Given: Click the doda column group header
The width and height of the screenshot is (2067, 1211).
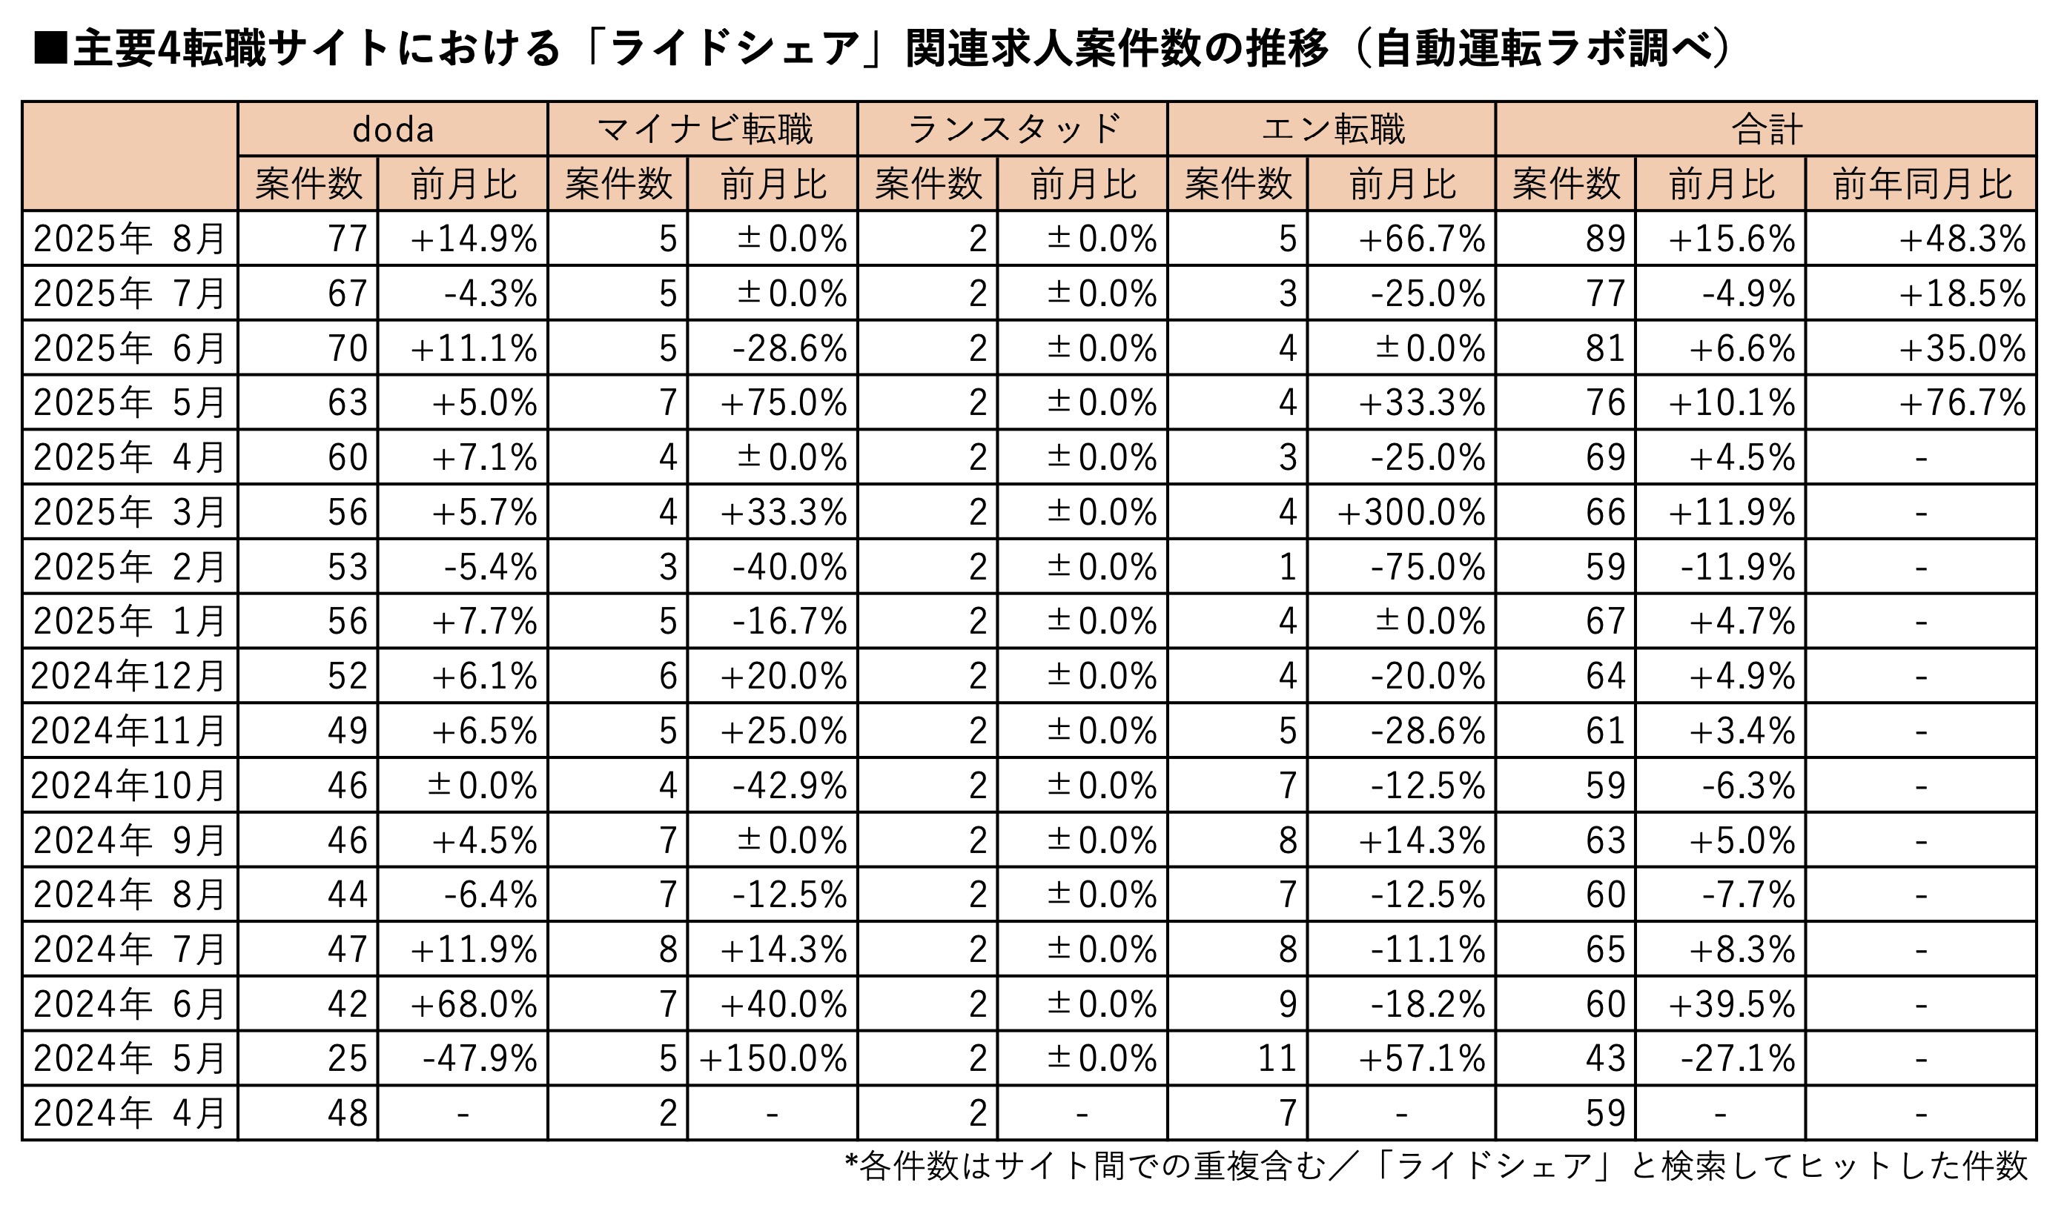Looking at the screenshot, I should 393,130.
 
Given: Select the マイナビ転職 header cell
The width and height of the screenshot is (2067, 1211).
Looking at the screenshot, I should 704,130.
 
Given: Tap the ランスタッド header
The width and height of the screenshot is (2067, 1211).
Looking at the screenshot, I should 1013,130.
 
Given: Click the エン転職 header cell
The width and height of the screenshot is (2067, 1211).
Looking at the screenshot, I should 1333,130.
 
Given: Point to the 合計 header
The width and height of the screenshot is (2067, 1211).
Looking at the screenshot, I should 1767,130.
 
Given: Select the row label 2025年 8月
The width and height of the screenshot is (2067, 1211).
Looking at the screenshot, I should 130,239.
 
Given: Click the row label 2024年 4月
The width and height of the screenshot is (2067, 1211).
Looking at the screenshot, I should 130,1113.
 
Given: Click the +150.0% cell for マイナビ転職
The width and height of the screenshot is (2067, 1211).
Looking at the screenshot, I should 773,1058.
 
